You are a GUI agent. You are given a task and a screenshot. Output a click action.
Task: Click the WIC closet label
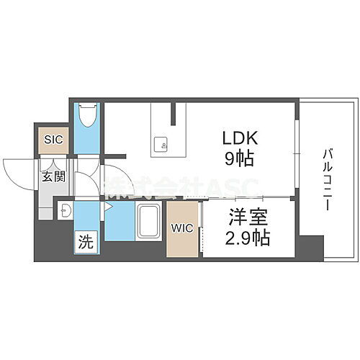181,228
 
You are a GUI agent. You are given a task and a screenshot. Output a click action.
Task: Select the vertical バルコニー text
325,177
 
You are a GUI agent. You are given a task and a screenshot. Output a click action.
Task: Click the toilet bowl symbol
88,116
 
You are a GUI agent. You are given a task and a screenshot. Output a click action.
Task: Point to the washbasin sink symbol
66,211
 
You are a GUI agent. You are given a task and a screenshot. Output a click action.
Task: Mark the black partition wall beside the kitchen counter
174,112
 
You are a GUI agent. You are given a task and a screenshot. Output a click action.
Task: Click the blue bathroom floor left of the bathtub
120,223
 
